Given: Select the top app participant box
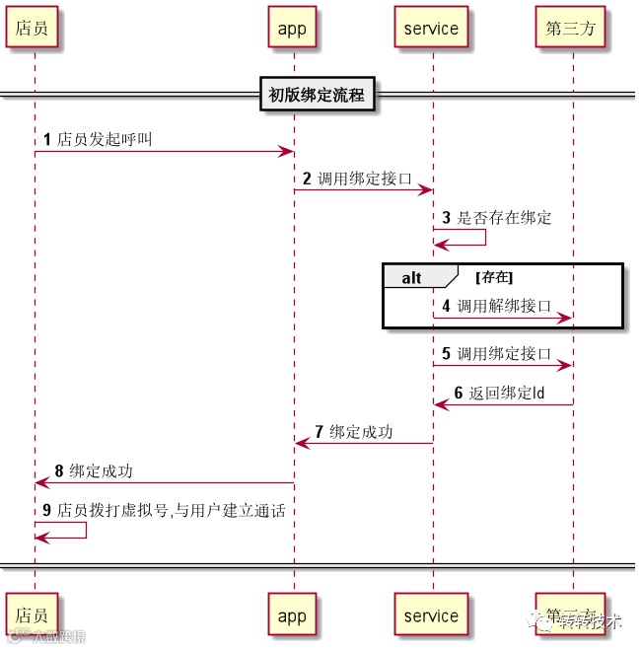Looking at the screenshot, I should pyautogui.click(x=292, y=28).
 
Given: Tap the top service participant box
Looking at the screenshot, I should pyautogui.click(x=431, y=28).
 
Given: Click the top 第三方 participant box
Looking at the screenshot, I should pyautogui.click(x=570, y=28).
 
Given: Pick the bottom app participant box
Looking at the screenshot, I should pyautogui.click(x=292, y=615).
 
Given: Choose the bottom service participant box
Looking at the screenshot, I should pyautogui.click(x=431, y=615).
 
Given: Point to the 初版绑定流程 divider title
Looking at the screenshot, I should pyautogui.click(x=317, y=96).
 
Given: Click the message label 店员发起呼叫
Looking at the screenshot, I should pyautogui.click(x=105, y=140).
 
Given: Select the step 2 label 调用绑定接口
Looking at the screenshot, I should pyautogui.click(x=364, y=179).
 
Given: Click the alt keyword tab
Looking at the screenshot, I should pyautogui.click(x=411, y=277).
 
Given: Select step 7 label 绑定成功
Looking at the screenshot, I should pyautogui.click(x=361, y=432).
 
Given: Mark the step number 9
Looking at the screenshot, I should pyautogui.click(x=46, y=511).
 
